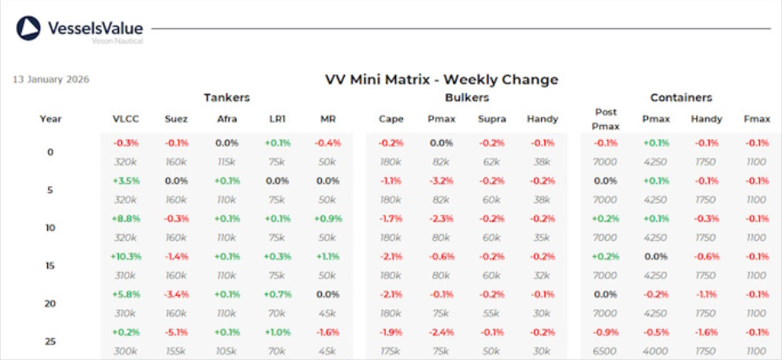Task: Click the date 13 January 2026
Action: tap(51, 80)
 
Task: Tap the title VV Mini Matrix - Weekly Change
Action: tap(442, 80)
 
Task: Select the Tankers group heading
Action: tap(226, 98)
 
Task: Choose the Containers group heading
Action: tap(681, 98)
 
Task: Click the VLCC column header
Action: tap(126, 119)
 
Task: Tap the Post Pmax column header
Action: tap(605, 119)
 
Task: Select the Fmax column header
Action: tap(757, 119)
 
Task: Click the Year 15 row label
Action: tap(50, 266)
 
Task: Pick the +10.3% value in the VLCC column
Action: tap(126, 256)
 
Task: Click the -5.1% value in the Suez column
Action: tap(176, 332)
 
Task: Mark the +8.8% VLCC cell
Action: tap(126, 218)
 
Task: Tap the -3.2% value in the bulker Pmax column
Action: tap(442, 180)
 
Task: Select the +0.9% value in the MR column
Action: tap(328, 218)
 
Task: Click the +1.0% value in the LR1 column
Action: tap(276, 332)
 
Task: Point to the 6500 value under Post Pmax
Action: tap(605, 351)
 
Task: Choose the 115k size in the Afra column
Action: tap(227, 161)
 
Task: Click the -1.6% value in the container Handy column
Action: tap(706, 332)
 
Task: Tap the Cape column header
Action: tap(391, 119)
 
